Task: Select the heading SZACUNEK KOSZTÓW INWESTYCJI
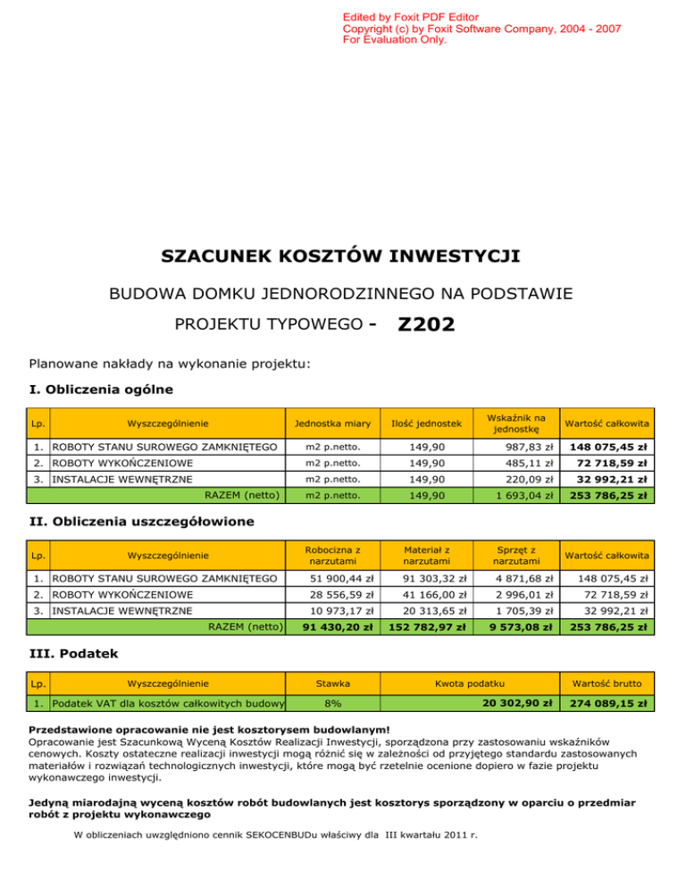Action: point(340,257)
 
